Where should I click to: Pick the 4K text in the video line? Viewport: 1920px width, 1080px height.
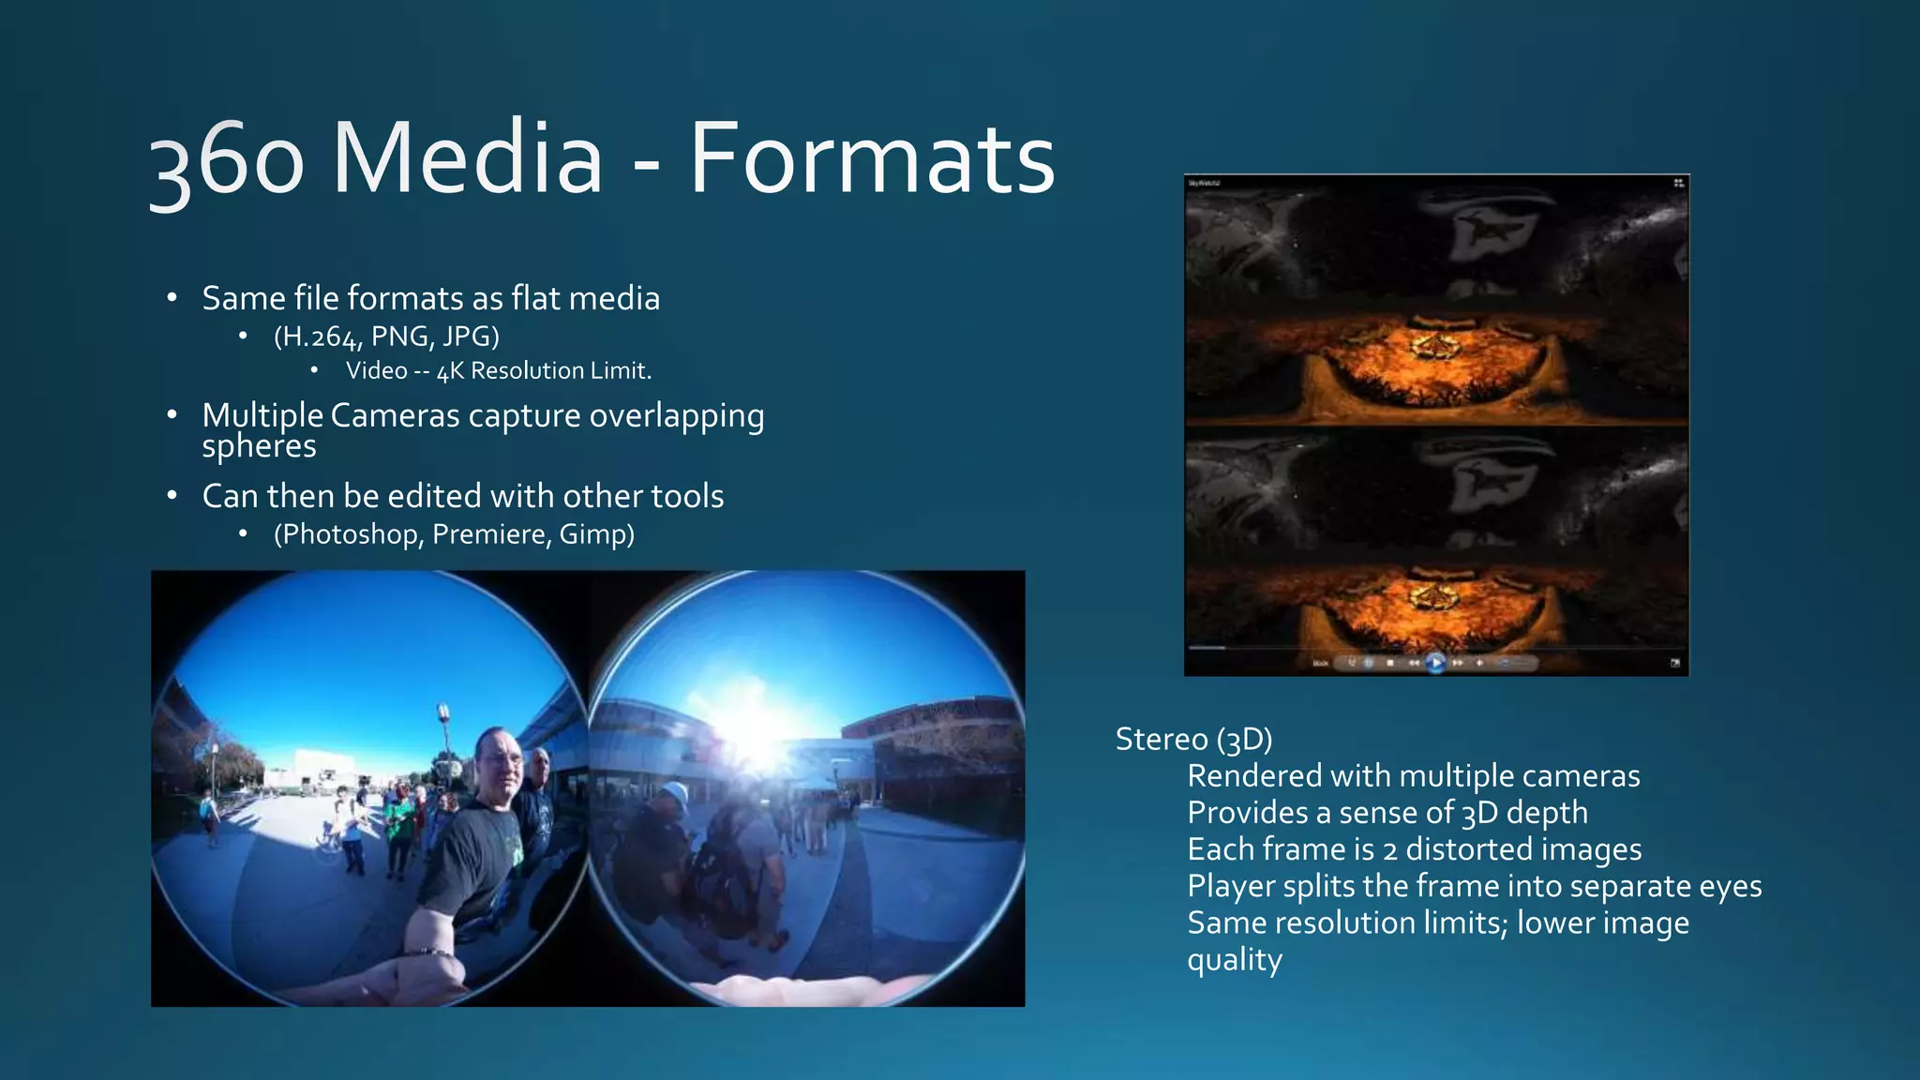[x=450, y=371]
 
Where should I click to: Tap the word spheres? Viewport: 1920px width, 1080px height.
[x=259, y=446]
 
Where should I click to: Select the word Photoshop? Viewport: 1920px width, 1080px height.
[x=352, y=534]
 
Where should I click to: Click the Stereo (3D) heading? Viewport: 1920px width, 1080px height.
[x=1193, y=740]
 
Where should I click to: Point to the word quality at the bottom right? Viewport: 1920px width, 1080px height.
[x=1234, y=960]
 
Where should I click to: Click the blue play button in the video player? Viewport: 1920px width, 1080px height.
[x=1435, y=664]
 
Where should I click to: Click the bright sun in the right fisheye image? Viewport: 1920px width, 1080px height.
[x=755, y=730]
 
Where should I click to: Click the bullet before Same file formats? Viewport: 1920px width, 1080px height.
[x=172, y=299]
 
